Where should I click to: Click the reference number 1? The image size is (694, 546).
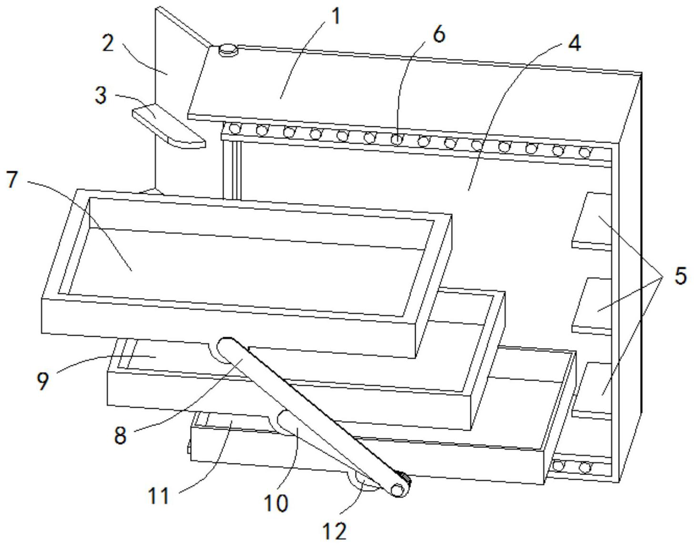click(x=336, y=17)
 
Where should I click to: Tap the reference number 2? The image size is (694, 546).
click(x=108, y=43)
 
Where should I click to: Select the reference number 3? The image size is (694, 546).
click(x=101, y=95)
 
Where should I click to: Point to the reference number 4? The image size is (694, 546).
click(x=574, y=43)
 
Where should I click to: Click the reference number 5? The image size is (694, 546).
click(x=681, y=276)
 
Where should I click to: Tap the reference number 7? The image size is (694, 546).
click(x=12, y=179)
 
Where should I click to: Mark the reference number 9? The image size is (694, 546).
click(x=42, y=381)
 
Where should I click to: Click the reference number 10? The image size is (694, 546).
click(x=276, y=503)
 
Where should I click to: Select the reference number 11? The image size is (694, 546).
click(x=159, y=495)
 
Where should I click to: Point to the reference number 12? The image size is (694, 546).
click(x=335, y=531)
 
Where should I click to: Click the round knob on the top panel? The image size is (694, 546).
click(x=228, y=50)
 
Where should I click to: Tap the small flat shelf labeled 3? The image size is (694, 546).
click(x=169, y=126)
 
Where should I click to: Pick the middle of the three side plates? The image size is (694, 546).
click(x=592, y=306)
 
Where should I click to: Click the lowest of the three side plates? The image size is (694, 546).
click(x=592, y=391)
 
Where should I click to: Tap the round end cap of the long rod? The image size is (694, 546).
click(x=398, y=490)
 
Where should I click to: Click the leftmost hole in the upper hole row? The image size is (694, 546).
click(x=235, y=129)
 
